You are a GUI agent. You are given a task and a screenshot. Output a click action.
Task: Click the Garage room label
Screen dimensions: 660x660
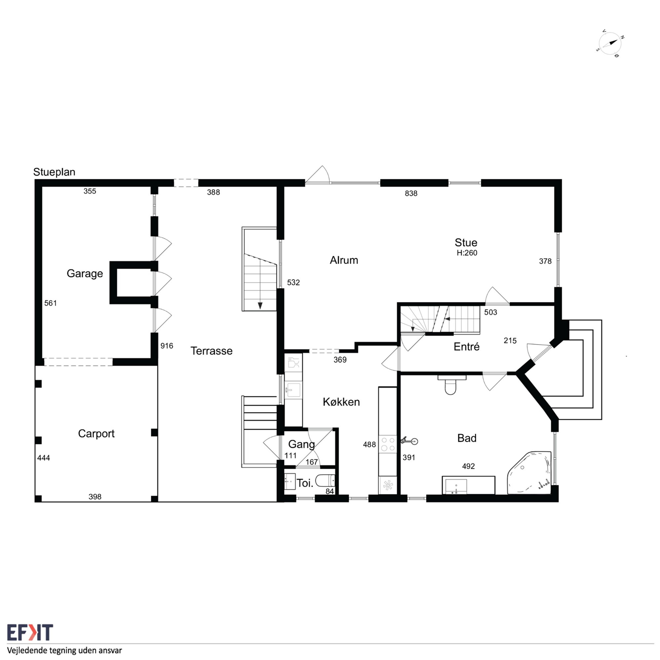pos(85,274)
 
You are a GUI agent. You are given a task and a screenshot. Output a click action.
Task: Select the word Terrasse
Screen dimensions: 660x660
pos(211,351)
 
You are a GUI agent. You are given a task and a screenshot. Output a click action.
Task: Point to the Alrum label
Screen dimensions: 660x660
pos(344,260)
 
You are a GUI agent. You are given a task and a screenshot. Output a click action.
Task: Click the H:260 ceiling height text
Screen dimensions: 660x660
pos(467,253)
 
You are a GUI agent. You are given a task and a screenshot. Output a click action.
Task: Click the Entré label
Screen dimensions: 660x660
pos(466,347)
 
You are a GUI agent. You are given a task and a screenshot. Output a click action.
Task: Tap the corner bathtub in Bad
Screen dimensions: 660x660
pos(529,473)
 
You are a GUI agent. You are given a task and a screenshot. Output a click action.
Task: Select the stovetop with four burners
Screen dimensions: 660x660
pos(388,444)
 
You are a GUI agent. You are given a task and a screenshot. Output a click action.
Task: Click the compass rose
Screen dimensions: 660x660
pos(610,43)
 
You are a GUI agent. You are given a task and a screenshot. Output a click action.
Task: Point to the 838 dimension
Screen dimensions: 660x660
pos(411,193)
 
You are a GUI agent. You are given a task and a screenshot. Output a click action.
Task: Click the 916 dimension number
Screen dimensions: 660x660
pos(167,346)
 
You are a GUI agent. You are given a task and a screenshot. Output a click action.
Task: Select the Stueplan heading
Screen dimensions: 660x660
pos(54,172)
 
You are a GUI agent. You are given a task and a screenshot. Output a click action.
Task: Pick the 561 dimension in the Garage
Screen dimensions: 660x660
pos(51,303)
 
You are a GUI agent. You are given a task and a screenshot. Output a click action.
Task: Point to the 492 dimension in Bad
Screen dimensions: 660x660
pos(468,466)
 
